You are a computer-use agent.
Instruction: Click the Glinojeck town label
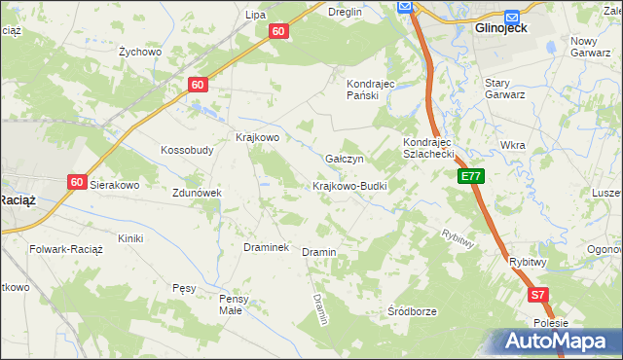500,29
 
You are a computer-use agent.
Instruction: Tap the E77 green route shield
471,176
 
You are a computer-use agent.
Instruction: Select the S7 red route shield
538,294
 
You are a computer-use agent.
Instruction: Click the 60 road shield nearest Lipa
279,31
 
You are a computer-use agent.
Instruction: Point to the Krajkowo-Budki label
349,186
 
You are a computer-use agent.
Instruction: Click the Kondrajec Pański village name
370,90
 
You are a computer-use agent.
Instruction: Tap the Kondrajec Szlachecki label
429,148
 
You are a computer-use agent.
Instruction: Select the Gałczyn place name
345,159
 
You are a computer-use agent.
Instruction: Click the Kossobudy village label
187,151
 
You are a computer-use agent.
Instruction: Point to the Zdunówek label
198,193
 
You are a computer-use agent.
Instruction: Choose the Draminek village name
266,248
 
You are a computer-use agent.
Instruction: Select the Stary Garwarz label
505,90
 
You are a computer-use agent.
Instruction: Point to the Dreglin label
345,12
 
